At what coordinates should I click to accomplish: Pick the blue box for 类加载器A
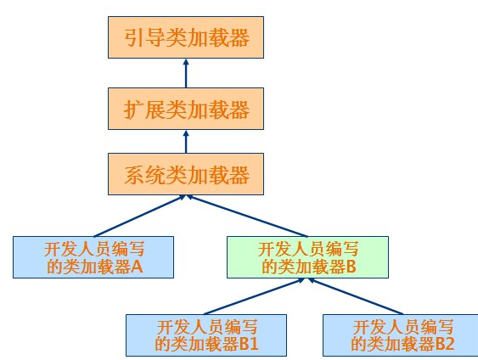click(x=93, y=258)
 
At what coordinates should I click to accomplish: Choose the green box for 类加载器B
click(x=307, y=258)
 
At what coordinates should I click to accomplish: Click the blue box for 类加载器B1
click(x=206, y=335)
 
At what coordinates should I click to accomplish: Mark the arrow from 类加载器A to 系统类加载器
click(x=140, y=216)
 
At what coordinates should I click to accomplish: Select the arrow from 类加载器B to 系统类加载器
click(x=246, y=216)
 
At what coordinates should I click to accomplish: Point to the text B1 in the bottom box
click(x=248, y=345)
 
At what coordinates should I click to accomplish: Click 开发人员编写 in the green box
click(x=307, y=249)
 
